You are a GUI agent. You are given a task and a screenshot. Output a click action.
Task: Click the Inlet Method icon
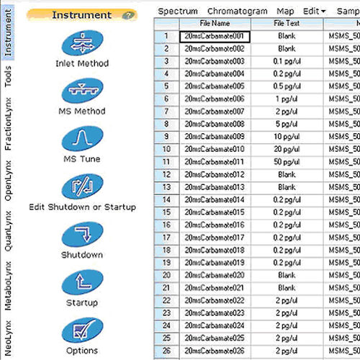click(x=81, y=44)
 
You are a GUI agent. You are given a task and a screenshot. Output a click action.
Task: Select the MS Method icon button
click(x=81, y=91)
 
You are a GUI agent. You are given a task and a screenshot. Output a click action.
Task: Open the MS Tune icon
click(x=81, y=138)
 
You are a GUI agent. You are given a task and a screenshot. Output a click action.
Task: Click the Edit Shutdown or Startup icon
click(x=81, y=186)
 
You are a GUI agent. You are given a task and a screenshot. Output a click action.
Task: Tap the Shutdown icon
click(x=81, y=234)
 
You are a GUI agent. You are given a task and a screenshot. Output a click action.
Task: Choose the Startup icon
click(x=81, y=282)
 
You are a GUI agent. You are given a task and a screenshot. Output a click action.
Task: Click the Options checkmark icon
click(x=81, y=330)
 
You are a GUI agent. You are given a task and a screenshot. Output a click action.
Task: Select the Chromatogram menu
click(x=237, y=11)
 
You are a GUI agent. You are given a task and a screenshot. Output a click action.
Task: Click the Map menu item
click(x=285, y=11)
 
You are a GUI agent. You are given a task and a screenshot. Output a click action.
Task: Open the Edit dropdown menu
click(x=314, y=11)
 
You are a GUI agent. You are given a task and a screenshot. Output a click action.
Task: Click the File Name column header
click(x=215, y=24)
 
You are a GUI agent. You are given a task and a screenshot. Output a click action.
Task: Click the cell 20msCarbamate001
click(x=215, y=35)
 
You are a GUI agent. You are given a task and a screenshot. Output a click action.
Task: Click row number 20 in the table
click(x=166, y=274)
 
